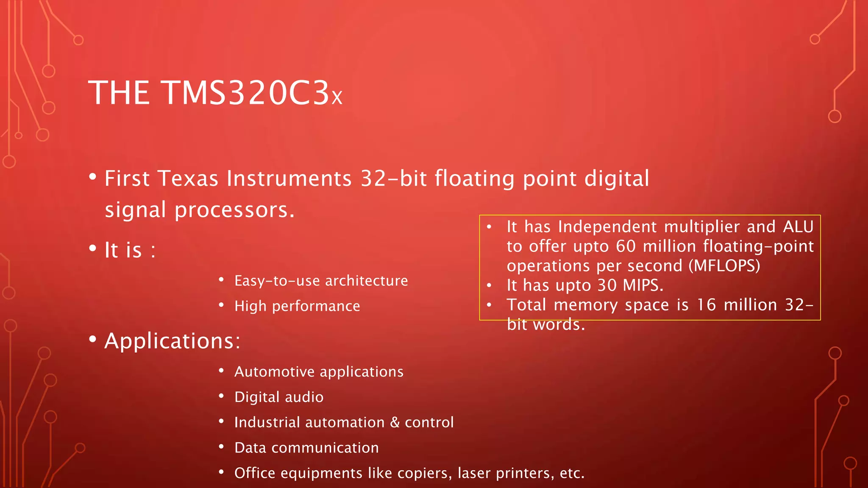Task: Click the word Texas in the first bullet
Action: tap(188, 178)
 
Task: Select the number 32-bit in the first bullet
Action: tap(393, 178)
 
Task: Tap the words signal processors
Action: tap(199, 210)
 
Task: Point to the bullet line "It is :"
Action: tap(130, 250)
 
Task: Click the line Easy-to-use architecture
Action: tap(321, 281)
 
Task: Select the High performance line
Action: tap(297, 306)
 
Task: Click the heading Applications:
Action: tap(172, 341)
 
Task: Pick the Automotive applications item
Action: tap(319, 372)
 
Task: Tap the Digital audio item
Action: tap(279, 397)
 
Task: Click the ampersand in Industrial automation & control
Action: tap(395, 422)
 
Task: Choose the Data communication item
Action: tap(306, 448)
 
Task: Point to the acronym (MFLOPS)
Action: tap(724, 266)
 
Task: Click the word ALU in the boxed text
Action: tap(798, 227)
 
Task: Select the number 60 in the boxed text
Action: tap(626, 247)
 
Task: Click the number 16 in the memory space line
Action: tap(706, 305)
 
